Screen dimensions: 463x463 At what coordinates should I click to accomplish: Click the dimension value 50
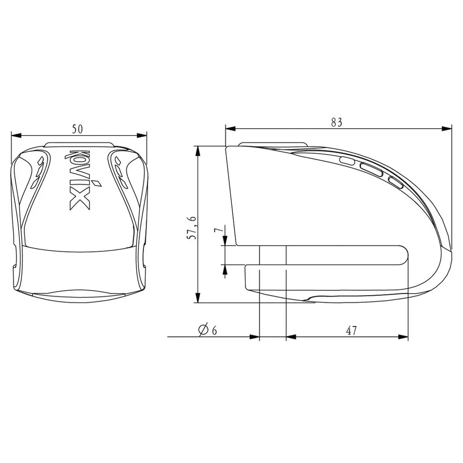coord(77,129)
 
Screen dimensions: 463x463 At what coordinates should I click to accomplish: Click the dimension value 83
coord(337,122)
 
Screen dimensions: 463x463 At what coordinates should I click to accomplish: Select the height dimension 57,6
coord(192,227)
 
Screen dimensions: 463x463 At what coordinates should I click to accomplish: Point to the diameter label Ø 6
coord(208,330)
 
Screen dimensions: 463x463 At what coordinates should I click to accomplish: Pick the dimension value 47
coord(351,331)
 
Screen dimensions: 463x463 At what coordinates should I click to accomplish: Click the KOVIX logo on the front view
coord(79,180)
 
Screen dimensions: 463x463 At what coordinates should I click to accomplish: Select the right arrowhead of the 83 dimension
coord(446,128)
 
